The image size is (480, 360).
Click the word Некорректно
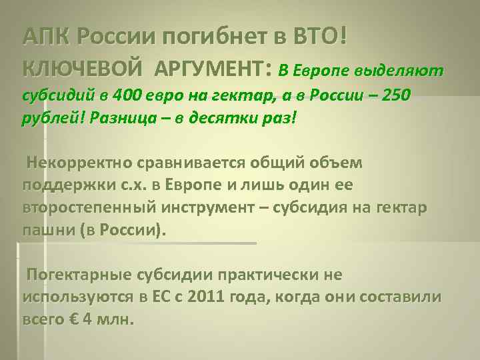79,163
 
